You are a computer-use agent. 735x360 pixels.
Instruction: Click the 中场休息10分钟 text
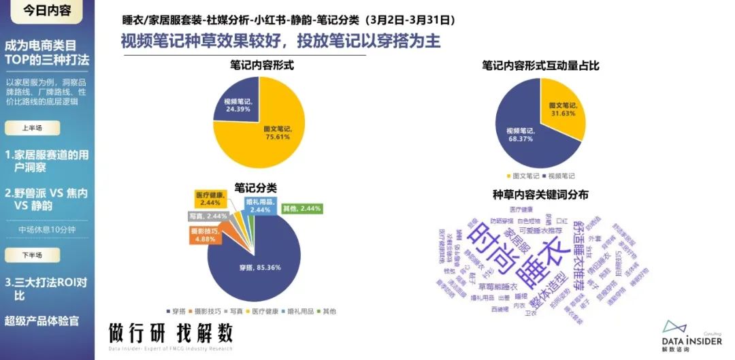(52, 229)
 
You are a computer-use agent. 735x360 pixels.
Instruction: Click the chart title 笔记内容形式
(257, 66)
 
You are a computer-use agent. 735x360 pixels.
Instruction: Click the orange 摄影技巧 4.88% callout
(204, 235)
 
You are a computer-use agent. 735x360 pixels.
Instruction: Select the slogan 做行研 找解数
(170, 333)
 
